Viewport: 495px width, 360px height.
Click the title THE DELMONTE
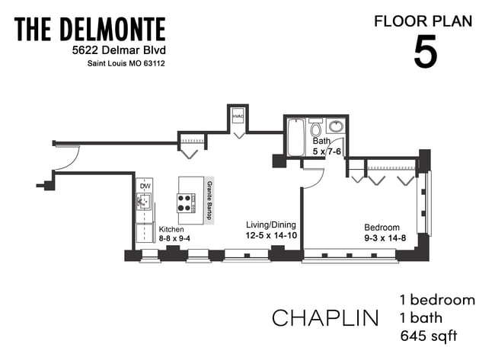click(x=90, y=30)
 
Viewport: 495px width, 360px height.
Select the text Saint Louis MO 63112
click(x=123, y=64)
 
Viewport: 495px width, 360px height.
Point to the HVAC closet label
click(x=238, y=116)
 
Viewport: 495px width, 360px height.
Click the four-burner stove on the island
click(x=186, y=202)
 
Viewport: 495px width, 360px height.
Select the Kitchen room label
click(x=171, y=229)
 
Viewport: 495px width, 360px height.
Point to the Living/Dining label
click(x=270, y=225)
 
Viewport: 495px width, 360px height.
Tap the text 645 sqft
click(x=428, y=335)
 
